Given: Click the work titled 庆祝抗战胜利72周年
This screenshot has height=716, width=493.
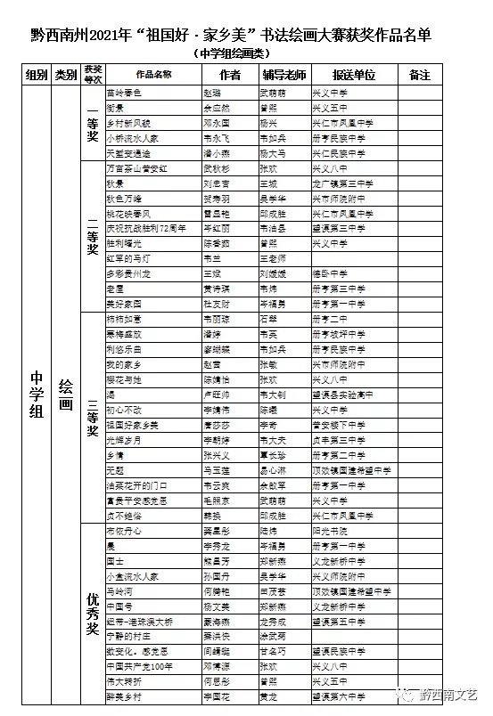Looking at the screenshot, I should point(145,228).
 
